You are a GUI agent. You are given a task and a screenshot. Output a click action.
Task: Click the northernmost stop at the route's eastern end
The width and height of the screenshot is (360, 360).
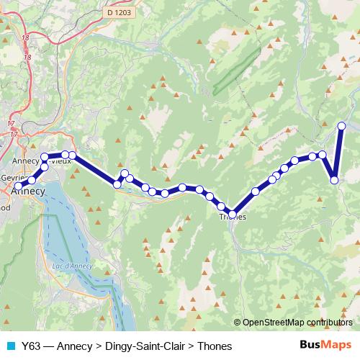341,126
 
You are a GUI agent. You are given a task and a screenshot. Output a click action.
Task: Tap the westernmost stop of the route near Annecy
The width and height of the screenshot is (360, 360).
18,186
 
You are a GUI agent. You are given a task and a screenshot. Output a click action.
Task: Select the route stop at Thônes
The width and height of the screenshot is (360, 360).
233,211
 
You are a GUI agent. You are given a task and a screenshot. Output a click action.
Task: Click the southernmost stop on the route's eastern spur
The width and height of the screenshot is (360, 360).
335,180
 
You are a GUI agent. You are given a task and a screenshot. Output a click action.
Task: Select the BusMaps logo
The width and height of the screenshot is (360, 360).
325,346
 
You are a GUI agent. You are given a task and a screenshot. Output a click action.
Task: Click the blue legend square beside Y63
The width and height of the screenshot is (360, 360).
9,346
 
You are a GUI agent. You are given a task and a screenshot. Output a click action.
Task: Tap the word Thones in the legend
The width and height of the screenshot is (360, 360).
215,346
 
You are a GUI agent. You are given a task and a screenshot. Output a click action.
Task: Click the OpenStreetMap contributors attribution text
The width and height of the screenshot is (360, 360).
297,323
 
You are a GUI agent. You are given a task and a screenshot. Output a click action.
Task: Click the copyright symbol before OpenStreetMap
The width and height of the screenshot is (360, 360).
237,323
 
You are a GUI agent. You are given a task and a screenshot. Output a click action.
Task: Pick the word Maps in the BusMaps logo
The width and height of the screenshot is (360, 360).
337,346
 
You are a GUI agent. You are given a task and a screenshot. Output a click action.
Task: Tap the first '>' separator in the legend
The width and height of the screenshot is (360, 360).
99,346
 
